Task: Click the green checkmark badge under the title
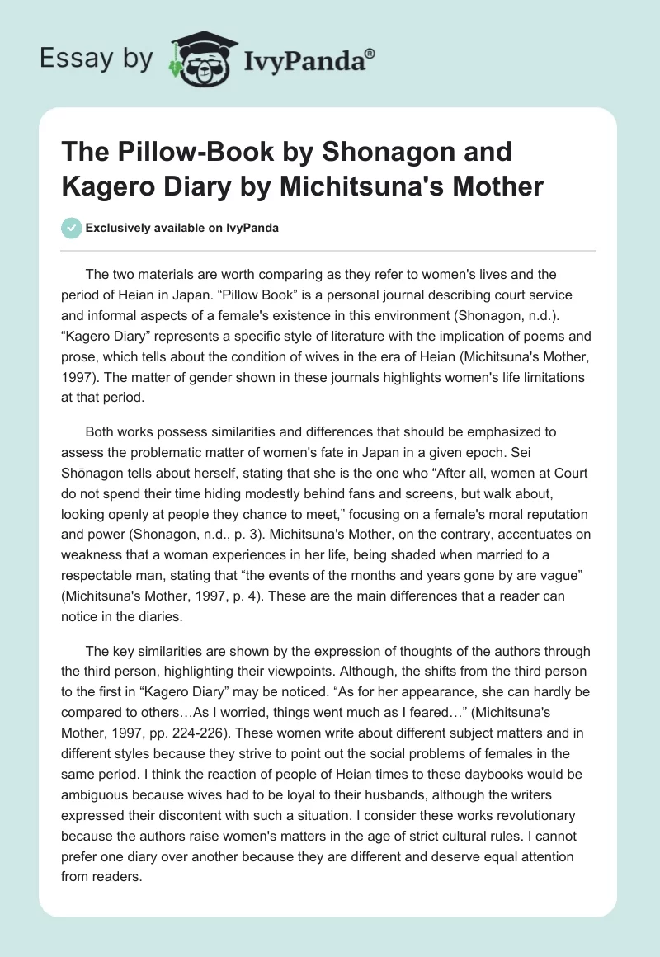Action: click(x=73, y=229)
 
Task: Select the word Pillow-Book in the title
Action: click(x=191, y=153)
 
